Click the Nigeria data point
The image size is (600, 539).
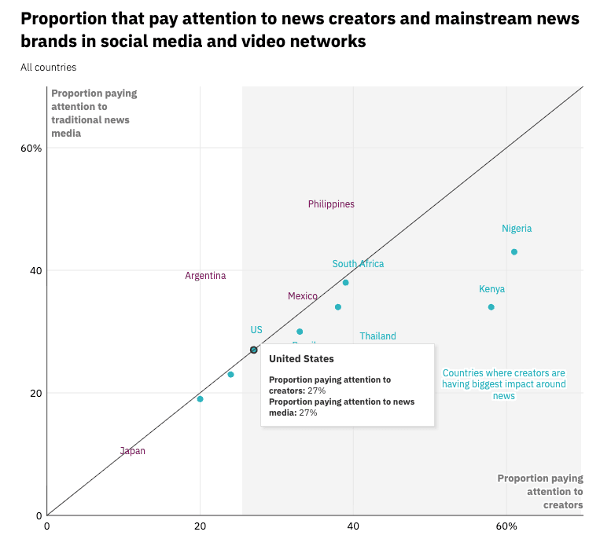(514, 252)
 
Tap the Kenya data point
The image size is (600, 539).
(491, 307)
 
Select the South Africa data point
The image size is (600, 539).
(345, 282)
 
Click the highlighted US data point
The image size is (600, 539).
(254, 350)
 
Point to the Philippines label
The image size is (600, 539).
(331, 204)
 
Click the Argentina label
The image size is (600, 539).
(205, 276)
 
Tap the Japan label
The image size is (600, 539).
(133, 451)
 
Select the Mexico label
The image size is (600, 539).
(303, 296)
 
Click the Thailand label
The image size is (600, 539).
(377, 336)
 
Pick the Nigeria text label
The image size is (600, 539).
(517, 229)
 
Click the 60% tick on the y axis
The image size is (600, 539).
(31, 148)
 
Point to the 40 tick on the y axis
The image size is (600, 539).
(35, 271)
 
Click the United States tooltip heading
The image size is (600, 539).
(301, 359)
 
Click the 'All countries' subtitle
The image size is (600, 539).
(49, 68)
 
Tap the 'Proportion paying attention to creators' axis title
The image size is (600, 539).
(540, 492)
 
